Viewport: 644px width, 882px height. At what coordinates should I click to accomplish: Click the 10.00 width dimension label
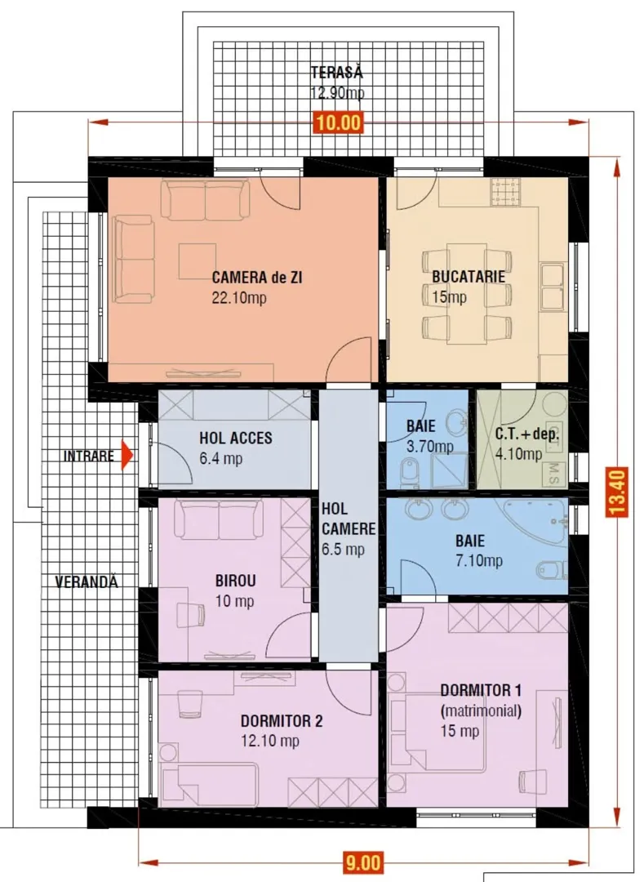click(338, 122)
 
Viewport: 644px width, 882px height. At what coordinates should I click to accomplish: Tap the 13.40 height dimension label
click(616, 492)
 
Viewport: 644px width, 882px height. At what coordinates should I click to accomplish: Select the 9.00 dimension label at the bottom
click(363, 862)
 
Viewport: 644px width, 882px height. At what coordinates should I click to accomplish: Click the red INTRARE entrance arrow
click(127, 455)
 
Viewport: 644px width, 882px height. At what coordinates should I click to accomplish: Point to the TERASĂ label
click(336, 73)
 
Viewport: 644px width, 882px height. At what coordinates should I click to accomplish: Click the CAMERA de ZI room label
click(257, 278)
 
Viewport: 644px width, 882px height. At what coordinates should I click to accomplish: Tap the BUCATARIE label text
click(469, 277)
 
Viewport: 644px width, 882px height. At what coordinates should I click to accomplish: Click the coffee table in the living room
click(198, 261)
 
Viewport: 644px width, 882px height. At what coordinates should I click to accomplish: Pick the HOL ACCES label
click(235, 438)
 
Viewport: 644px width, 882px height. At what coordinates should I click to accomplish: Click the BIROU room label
click(235, 581)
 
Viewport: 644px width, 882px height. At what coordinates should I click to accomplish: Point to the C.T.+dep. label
click(527, 434)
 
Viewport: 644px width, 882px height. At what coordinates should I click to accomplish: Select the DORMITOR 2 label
click(282, 721)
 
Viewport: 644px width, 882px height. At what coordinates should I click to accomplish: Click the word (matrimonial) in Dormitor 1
click(481, 711)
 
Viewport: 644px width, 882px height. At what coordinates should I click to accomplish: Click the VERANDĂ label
click(87, 581)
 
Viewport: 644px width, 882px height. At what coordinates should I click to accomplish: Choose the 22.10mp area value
click(239, 297)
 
